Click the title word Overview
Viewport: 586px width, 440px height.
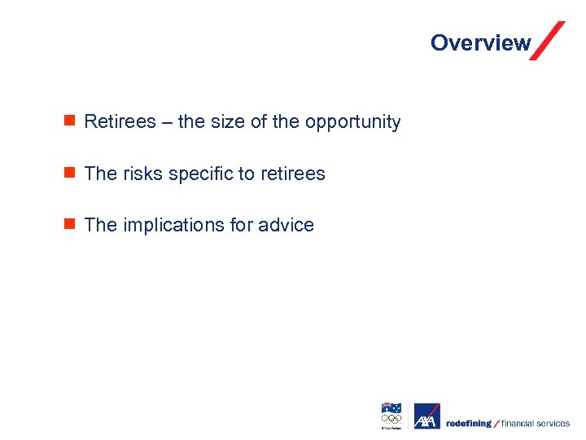coord(480,43)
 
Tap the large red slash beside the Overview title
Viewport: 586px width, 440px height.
coord(547,41)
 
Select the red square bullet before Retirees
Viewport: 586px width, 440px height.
coord(70,121)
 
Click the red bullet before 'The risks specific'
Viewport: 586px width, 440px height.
coord(70,173)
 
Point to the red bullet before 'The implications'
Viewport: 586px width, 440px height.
coord(70,224)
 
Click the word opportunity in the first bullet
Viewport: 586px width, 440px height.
coord(352,123)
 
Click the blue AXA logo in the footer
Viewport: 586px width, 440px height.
coord(426,416)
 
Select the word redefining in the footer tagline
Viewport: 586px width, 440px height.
coord(469,424)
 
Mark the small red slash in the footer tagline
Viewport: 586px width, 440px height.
coord(496,424)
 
